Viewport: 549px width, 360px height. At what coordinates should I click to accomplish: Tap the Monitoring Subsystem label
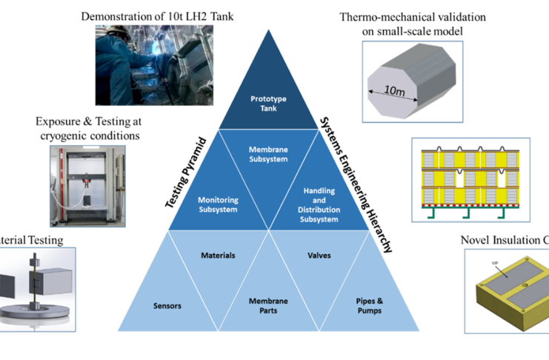tap(218, 204)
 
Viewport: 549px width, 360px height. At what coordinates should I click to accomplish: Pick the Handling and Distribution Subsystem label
tap(319, 200)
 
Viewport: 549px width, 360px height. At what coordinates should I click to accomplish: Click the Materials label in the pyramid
tap(218, 256)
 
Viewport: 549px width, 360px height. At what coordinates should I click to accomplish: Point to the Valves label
tap(319, 256)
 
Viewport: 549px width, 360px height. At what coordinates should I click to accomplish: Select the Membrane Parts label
tap(268, 304)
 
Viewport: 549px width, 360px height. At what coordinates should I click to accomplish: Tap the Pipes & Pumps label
tap(368, 304)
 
